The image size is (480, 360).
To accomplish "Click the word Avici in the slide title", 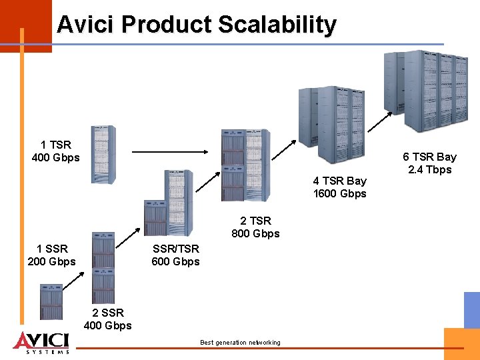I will pos(84,25).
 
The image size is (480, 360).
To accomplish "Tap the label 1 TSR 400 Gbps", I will pos(55,151).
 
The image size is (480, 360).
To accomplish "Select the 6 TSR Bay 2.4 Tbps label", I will pos(429,163).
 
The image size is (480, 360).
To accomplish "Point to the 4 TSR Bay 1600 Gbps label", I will pos(339,187).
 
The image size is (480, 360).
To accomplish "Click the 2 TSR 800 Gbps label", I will pos(255,227).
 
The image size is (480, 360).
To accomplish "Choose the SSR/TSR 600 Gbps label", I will pos(175,255).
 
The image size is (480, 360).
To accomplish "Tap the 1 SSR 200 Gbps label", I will pos(51,255).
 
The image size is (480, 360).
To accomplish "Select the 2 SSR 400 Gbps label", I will pos(107,319).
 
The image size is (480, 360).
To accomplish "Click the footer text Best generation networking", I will pos(240,343).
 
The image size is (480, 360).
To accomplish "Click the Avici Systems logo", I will pos(41,341).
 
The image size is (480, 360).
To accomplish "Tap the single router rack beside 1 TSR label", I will pos(103,154).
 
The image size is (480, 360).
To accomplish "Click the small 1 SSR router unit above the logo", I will pos(51,301).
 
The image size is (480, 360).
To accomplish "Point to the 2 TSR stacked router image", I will pos(245,165).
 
